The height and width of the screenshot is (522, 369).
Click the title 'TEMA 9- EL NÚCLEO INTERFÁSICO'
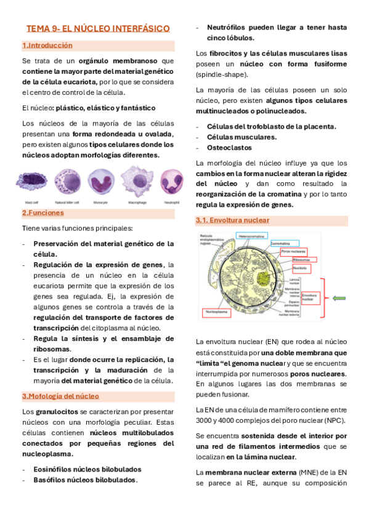pos(98,29)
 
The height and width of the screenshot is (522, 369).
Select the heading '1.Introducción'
pos(47,46)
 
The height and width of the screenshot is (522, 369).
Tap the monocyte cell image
pos(100,180)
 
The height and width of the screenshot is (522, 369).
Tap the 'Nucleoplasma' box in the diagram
pos(216,313)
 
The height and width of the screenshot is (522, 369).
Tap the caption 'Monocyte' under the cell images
pos(100,201)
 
